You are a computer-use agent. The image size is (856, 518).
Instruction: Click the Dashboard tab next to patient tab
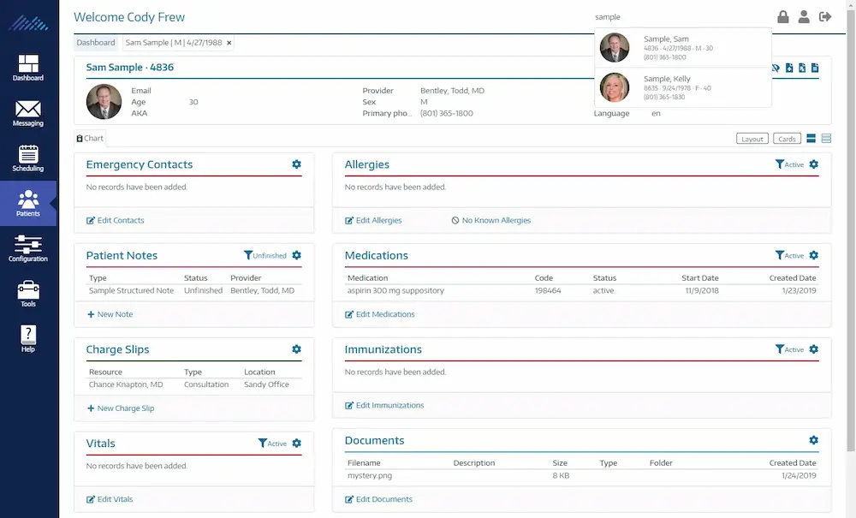pos(96,42)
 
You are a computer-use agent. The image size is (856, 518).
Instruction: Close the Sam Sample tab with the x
pos(229,42)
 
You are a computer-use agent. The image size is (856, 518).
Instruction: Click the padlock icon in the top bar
pos(783,17)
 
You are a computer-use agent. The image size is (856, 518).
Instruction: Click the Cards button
pos(787,139)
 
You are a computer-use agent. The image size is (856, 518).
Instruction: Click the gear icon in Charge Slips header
pos(296,349)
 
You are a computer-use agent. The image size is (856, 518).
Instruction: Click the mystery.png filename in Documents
pos(370,475)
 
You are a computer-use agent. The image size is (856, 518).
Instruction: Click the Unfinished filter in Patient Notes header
pos(265,255)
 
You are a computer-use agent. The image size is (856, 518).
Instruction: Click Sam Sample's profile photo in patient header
pos(104,102)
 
